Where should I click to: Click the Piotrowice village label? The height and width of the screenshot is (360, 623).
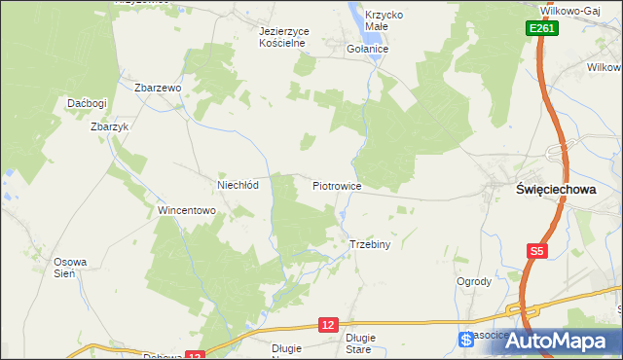point(337,185)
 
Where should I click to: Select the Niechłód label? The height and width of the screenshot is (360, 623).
point(237,185)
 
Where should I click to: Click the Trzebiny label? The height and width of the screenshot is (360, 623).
point(369,244)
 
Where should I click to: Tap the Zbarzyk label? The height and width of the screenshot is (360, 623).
point(109,126)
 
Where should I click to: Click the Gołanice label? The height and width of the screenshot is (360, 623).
point(368,49)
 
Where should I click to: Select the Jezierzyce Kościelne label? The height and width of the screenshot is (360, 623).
point(284,37)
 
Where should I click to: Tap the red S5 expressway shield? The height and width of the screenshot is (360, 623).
point(537,251)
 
